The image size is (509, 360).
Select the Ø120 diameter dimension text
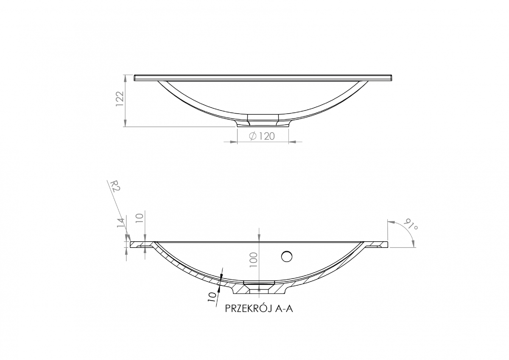click(x=262, y=136)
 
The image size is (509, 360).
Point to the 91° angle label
click(x=411, y=224)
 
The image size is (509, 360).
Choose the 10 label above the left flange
click(x=140, y=218)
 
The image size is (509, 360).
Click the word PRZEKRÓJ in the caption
click(x=248, y=309)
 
